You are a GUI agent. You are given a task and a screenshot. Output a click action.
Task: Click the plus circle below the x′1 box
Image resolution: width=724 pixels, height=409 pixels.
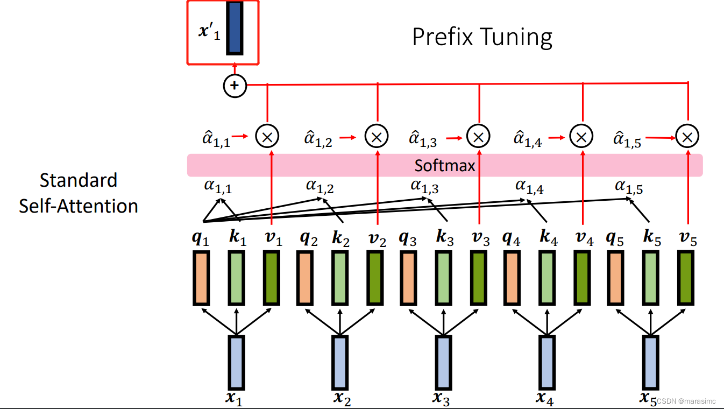[235, 85]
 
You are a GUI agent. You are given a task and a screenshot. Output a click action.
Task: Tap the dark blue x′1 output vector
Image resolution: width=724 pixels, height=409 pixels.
[234, 28]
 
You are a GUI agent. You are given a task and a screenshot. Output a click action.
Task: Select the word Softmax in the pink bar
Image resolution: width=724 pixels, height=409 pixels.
[445, 165]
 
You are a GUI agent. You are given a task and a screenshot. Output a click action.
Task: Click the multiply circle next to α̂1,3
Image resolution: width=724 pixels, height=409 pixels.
[478, 137]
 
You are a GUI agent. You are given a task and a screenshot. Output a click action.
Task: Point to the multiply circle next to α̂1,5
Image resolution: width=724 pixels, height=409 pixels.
[687, 137]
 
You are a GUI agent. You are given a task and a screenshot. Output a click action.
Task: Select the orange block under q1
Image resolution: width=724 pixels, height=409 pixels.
[201, 279]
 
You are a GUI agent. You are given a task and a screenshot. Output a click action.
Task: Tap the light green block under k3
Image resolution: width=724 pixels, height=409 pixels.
[443, 279]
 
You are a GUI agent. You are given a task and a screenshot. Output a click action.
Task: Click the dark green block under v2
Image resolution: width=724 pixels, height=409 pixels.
[375, 279]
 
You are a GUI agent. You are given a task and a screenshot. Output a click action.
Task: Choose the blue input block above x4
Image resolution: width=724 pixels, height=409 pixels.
[546, 362]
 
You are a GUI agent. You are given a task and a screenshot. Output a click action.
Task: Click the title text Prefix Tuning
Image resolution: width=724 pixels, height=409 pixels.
[482, 37]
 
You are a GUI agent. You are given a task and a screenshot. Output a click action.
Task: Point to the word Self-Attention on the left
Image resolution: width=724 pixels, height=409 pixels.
[79, 206]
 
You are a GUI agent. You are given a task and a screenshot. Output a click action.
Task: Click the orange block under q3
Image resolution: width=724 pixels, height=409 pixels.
[407, 279]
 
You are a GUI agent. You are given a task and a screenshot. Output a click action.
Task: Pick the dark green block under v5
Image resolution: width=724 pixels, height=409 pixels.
[685, 279]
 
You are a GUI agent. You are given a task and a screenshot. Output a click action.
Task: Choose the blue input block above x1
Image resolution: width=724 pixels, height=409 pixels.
[237, 362]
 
